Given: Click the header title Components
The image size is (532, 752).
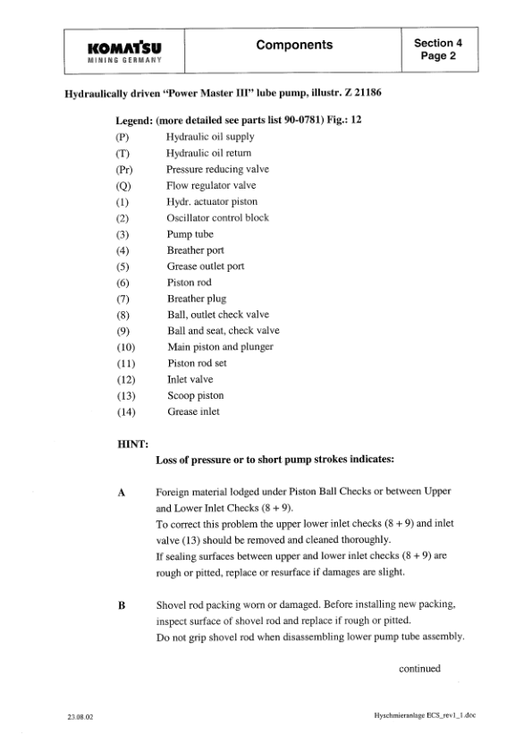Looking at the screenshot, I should (x=294, y=45).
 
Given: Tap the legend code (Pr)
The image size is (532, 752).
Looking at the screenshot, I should (x=125, y=169).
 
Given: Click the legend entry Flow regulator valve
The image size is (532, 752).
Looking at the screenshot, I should (x=211, y=185).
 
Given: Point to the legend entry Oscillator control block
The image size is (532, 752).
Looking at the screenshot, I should (x=217, y=217).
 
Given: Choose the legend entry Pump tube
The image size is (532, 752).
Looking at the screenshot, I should (x=190, y=234).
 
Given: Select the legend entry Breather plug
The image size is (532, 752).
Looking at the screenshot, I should (x=197, y=299).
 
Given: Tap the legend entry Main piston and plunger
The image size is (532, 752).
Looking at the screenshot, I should (x=220, y=347).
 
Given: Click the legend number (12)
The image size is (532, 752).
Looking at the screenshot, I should (x=125, y=379).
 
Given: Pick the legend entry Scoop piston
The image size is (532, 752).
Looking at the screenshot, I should (x=196, y=395).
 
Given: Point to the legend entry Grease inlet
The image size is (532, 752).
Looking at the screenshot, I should (x=193, y=411).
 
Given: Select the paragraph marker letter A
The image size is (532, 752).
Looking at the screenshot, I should (x=122, y=493).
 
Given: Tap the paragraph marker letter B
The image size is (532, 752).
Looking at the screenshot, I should (x=122, y=606).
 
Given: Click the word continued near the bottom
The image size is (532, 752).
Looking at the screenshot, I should (x=419, y=667).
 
